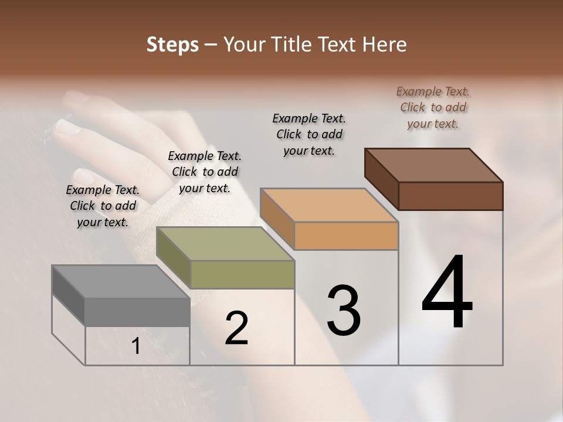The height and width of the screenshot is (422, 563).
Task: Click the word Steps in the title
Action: coord(172,45)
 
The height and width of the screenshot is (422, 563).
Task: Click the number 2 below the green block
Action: coord(236,328)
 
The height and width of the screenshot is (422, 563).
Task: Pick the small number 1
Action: coord(136,346)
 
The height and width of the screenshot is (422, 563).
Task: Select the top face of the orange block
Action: coord(329,205)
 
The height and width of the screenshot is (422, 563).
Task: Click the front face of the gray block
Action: coord(137,311)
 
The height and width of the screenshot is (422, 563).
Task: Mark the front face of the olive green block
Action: coord(242,274)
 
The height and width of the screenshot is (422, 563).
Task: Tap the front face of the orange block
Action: coord(346,236)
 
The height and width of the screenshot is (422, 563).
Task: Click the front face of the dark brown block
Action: coord(450,196)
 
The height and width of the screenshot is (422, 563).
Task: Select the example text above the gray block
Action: coord(103,206)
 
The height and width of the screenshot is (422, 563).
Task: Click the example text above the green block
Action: coord(205,172)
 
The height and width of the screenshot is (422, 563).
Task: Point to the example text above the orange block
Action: coord(309,134)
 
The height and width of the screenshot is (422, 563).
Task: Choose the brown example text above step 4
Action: coord(433,107)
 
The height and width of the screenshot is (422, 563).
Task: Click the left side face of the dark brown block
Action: coord(381,179)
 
